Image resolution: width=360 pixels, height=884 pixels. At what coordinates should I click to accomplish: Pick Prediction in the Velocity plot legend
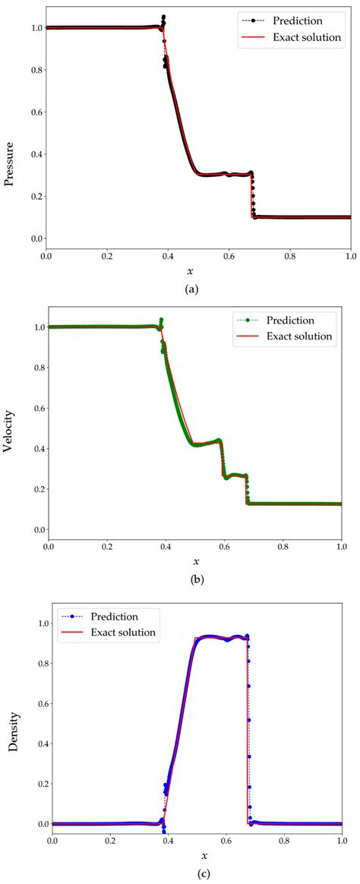[306, 320]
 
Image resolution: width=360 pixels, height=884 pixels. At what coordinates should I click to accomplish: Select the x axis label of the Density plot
[196, 856]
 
